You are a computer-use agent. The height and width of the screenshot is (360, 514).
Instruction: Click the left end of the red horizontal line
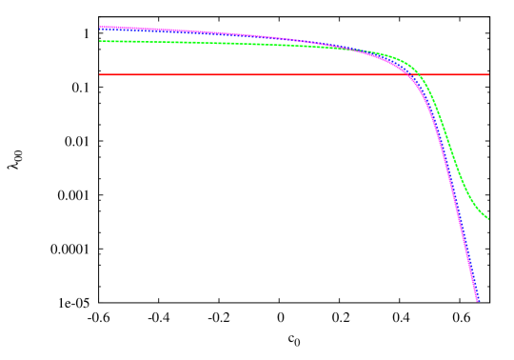click(x=100, y=74)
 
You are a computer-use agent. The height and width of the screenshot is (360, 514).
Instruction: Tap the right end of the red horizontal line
click(x=488, y=74)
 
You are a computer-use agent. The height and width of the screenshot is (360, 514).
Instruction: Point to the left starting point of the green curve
click(x=100, y=41)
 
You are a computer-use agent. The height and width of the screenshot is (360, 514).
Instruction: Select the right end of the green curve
click(x=488, y=219)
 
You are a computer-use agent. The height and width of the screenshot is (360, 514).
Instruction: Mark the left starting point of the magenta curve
click(x=100, y=28)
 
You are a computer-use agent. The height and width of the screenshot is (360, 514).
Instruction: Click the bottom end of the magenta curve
click(x=478, y=301)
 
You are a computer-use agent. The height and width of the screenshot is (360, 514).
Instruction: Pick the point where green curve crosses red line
click(x=420, y=74)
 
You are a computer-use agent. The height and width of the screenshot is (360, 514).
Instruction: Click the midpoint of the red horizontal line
click(x=294, y=74)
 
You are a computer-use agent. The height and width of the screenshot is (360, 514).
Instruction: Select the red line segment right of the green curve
click(x=457, y=74)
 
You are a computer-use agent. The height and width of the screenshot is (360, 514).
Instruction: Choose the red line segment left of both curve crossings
click(x=238, y=74)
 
